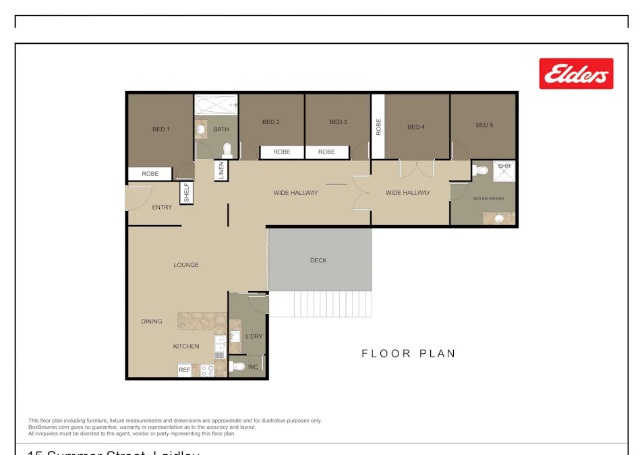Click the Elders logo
576,74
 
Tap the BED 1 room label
160,129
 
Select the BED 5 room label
484,125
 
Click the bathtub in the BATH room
216,105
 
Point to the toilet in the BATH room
227,149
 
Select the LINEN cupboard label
221,170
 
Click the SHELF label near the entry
187,193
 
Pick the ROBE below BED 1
150,174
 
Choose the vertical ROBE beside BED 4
378,127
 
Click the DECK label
318,260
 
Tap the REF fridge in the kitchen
185,370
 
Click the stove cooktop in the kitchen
207,370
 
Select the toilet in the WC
237,367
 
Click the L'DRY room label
254,336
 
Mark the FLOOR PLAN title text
409,353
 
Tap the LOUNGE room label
186,265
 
